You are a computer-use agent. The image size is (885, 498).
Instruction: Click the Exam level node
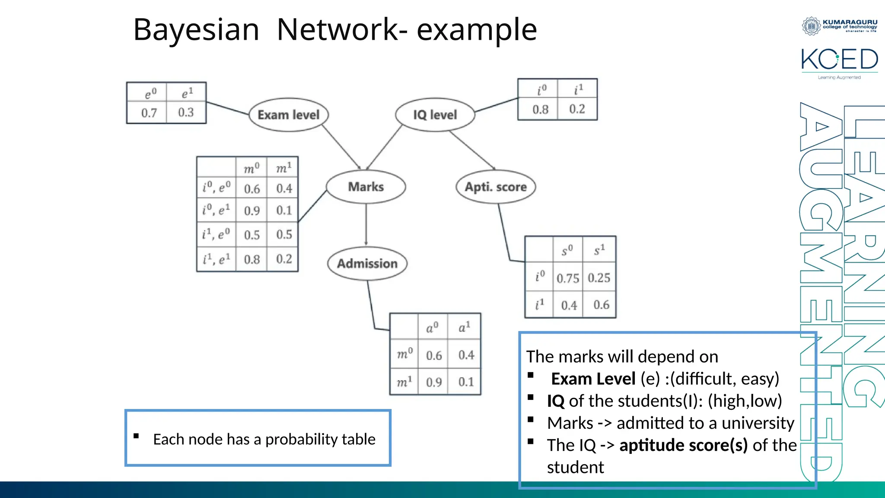tap(288, 115)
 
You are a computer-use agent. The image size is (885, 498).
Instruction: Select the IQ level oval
tap(435, 115)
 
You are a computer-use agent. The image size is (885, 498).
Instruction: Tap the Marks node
tap(366, 187)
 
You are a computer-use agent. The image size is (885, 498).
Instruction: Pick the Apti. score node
tap(496, 187)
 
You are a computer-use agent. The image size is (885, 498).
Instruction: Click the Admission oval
tap(367, 263)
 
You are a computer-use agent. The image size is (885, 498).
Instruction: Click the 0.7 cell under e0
tap(149, 113)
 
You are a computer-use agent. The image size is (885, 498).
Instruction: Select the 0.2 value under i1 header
tap(577, 109)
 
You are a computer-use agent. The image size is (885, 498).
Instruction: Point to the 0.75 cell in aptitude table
tap(567, 278)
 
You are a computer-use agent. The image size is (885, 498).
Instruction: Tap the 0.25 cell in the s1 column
tap(599, 278)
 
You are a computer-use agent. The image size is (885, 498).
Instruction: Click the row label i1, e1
tap(216, 259)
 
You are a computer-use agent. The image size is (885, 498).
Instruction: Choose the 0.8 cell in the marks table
tap(251, 259)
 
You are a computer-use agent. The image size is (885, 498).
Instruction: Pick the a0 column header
tap(432, 328)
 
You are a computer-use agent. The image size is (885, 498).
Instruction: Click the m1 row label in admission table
tap(404, 382)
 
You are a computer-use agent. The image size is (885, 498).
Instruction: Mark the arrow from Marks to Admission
tap(366, 225)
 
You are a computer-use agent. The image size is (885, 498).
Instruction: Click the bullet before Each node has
tap(136, 436)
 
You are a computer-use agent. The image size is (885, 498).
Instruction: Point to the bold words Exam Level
tap(593, 379)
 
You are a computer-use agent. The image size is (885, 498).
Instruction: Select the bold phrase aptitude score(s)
tap(683, 445)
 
